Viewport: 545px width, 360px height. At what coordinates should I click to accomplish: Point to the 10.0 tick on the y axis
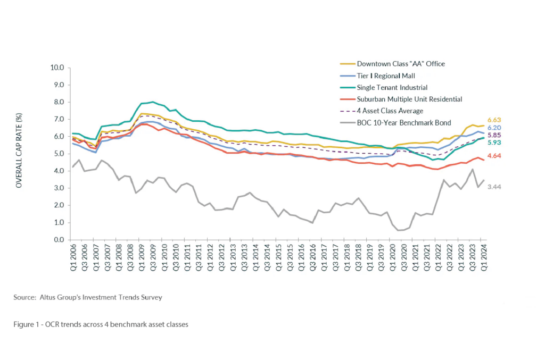point(57,68)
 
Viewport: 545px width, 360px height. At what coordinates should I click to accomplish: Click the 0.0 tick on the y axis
point(59,240)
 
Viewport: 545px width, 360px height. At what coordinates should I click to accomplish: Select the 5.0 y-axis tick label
point(59,154)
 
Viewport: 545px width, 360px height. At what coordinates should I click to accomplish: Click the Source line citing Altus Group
point(88,298)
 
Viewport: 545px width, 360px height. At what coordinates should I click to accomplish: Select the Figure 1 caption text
point(101,323)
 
